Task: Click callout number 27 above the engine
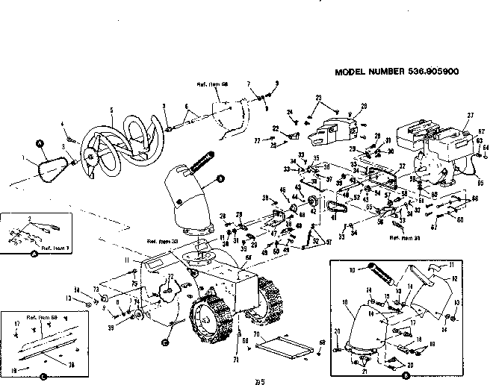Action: (470, 115)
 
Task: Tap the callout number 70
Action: (256, 336)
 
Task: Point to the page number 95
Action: (259, 382)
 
